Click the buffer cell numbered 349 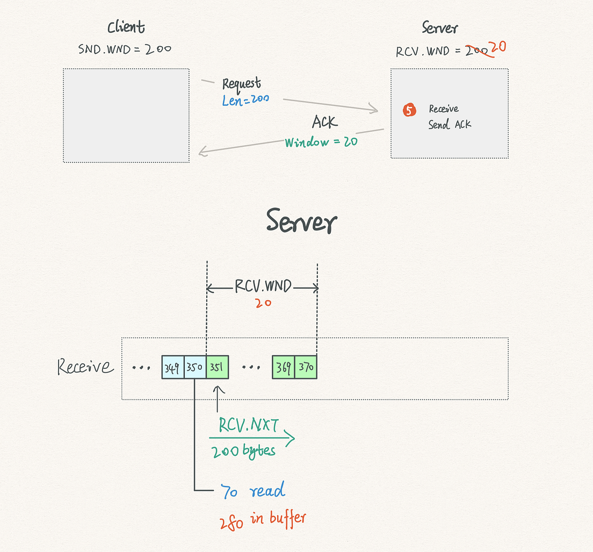[173, 368]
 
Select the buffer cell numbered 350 [195, 368]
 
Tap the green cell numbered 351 [218, 368]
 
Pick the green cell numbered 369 [283, 368]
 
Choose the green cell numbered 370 [306, 368]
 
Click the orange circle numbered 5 [409, 110]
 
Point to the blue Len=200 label [245, 100]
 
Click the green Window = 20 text [321, 142]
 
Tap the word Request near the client [242, 84]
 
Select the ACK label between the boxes [324, 123]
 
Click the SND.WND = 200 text [125, 49]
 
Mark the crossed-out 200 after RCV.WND [478, 52]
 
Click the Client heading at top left [126, 27]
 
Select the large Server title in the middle [301, 221]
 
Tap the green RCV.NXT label [249, 425]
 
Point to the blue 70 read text [252, 491]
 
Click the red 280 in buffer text [263, 520]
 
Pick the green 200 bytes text [243, 450]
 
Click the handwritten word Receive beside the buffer [85, 367]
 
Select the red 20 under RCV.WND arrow [263, 303]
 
